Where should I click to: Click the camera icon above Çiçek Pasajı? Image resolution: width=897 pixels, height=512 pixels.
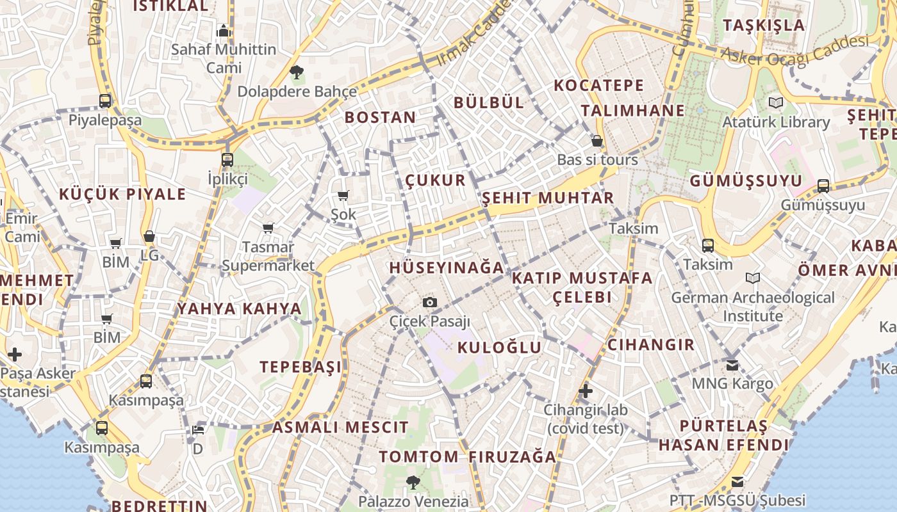coord(430,302)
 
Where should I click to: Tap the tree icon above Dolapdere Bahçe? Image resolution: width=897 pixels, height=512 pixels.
coord(296,71)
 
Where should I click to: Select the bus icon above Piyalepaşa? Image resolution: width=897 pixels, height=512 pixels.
coord(105,100)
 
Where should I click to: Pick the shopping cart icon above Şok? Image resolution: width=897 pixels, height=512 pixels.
coord(343,195)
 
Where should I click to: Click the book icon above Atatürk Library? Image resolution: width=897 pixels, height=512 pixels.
coord(776,102)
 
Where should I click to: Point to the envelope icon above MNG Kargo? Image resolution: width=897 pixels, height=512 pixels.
coord(732,365)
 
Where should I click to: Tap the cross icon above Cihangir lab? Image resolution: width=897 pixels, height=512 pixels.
coord(585,390)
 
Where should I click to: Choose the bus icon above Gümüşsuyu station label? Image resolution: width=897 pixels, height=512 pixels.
coord(823,186)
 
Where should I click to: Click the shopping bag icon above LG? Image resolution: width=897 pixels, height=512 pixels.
coord(149,236)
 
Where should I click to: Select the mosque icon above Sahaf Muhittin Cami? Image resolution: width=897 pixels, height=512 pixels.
coord(223,31)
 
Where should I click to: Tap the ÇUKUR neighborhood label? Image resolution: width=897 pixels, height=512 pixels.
coord(436,180)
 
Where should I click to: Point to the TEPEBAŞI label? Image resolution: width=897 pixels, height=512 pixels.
coord(300,367)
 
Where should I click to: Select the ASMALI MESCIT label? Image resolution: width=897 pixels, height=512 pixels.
coord(340,428)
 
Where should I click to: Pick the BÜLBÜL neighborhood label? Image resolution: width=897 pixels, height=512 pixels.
coord(489,102)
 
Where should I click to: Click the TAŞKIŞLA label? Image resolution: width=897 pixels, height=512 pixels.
coord(764,26)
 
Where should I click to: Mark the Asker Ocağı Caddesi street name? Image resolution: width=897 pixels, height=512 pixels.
coord(794,50)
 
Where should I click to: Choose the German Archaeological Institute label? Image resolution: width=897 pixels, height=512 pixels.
coord(753,307)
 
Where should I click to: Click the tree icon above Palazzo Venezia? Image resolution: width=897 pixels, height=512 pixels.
coord(412,481)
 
